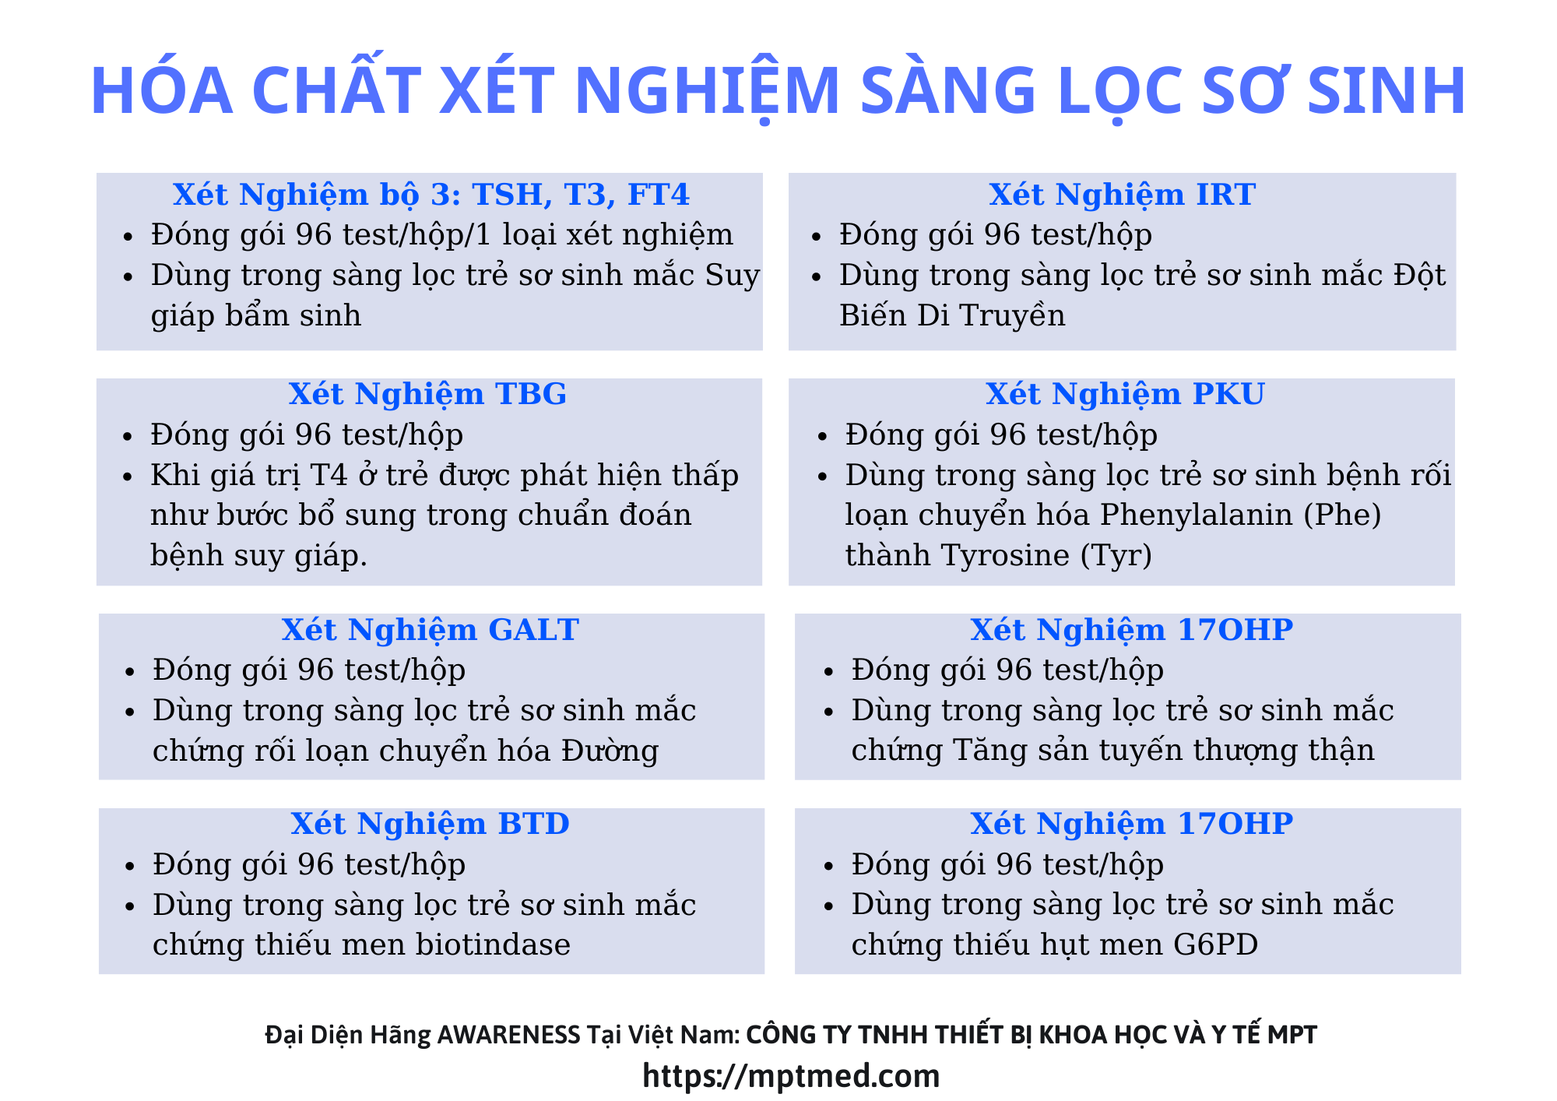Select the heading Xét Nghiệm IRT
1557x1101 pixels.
click(x=1122, y=195)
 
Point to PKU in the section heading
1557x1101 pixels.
click(x=1228, y=395)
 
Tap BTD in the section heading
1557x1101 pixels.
click(x=534, y=824)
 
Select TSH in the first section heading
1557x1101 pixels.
click(x=509, y=195)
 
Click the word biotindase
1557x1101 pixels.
click(x=494, y=944)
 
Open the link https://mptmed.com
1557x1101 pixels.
click(x=791, y=1076)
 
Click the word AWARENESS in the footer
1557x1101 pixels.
click(x=509, y=1035)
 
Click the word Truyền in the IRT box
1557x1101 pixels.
click(x=1012, y=315)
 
